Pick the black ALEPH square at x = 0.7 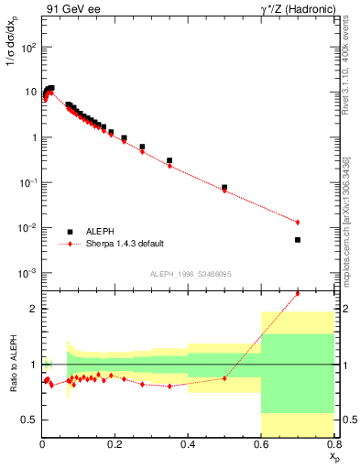point(298,240)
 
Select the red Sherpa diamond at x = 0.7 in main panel point(298,223)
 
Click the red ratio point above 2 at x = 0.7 point(298,293)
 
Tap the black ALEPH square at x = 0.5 point(224,187)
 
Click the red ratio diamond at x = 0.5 point(224,378)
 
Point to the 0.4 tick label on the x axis point(189,444)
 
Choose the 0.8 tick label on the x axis point(333,444)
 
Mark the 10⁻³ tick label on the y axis point(27,273)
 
